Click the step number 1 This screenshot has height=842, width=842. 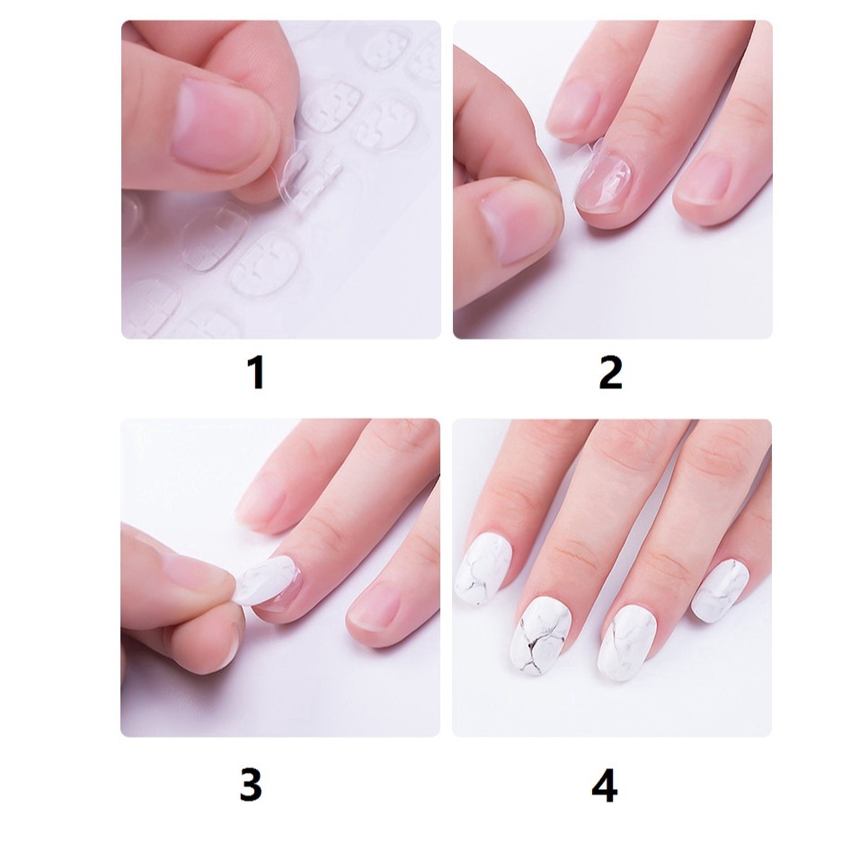coord(256,372)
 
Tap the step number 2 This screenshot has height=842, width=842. coord(610,372)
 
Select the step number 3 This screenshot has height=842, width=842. coord(251,784)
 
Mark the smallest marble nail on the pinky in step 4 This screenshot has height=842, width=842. coord(722,589)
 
